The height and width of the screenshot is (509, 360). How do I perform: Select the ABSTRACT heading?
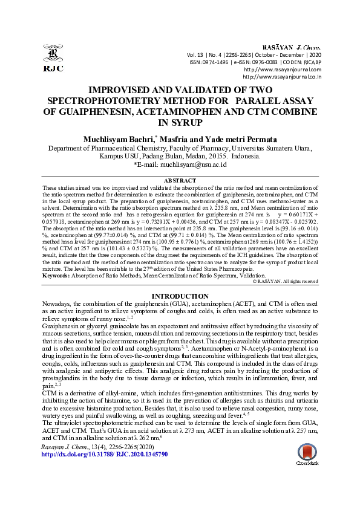point(180,181)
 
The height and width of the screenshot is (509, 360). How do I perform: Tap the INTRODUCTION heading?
point(180,296)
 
